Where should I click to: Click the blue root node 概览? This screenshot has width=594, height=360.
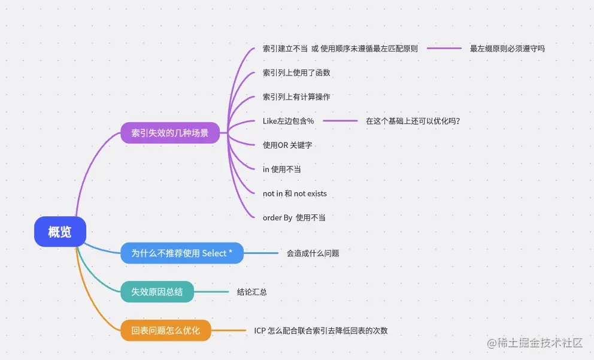[x=60, y=232]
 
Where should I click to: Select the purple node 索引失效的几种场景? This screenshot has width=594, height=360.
[x=170, y=133]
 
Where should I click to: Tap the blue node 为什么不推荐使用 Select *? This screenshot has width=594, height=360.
[x=182, y=253]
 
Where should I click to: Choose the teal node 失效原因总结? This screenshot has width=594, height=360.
[x=157, y=292]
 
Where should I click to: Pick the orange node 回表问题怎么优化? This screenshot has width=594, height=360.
[x=166, y=330]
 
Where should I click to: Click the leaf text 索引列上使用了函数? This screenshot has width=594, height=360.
[x=296, y=72]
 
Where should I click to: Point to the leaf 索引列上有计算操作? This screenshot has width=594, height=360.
[x=296, y=96]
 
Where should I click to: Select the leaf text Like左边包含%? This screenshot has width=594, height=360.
[x=288, y=120]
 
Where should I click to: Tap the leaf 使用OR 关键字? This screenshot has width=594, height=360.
[x=287, y=145]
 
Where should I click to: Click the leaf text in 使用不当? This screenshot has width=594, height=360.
[x=281, y=170]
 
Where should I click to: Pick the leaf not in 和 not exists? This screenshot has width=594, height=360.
[x=295, y=193]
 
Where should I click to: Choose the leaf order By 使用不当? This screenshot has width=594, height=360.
[x=294, y=217]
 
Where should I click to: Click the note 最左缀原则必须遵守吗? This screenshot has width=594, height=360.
[x=507, y=49]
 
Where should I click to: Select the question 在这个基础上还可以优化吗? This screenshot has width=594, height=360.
[x=413, y=120]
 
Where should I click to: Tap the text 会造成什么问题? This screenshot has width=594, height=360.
[x=313, y=253]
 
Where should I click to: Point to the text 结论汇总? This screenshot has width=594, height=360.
[x=251, y=292]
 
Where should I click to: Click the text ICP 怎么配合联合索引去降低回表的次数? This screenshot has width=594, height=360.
[x=320, y=330]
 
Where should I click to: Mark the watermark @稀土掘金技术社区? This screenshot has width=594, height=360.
[x=535, y=343]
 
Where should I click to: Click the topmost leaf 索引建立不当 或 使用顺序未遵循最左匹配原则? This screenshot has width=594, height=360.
[x=340, y=49]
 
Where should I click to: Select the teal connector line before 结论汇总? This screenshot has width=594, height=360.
[x=211, y=292]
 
